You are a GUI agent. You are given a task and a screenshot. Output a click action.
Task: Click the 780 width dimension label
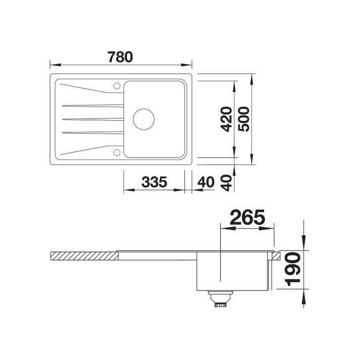pos(120,57)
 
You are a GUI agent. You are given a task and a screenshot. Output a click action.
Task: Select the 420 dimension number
pos(225,119)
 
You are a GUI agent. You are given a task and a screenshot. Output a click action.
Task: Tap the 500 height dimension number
pos(243,119)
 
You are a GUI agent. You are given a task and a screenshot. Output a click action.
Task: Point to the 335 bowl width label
pos(154,182)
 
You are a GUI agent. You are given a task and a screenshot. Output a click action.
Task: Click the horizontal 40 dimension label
pos(205,182)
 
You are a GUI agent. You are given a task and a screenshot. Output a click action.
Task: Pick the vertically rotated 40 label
pos(227,183)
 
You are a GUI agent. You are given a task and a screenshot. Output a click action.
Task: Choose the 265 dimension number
pos(247,217)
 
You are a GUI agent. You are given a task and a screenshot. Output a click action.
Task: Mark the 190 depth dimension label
pos(292,269)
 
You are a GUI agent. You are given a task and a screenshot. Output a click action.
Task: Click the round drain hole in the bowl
pos(143,119)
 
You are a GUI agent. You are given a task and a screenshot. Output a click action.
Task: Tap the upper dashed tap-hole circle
pos(117,85)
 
